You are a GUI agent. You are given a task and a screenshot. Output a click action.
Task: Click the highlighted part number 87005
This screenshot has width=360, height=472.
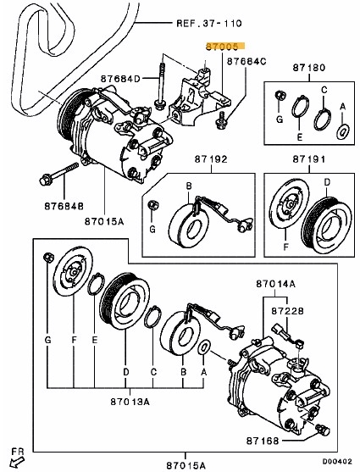[x=222, y=47]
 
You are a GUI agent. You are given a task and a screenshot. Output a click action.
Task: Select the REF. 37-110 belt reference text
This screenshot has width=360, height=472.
[x=208, y=23]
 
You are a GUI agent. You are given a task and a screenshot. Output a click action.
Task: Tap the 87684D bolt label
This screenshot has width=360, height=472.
[x=120, y=79]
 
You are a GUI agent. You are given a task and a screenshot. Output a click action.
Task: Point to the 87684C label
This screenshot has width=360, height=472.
[x=246, y=61]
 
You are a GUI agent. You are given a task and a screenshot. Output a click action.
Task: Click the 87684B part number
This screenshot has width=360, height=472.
[x=64, y=206]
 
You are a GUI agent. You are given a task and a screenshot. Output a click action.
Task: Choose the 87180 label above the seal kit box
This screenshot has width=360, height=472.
[x=309, y=68]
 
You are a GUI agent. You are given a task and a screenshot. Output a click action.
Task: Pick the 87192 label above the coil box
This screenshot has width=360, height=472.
[x=211, y=159]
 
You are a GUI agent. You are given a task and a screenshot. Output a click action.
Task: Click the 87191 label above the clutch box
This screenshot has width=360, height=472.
[x=309, y=159]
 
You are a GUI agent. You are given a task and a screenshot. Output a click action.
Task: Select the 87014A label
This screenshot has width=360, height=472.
[x=276, y=284]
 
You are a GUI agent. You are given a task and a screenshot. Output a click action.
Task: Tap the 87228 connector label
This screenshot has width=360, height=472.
[x=287, y=311]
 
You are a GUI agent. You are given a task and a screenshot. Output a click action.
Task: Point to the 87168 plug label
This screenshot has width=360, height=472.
[x=263, y=441]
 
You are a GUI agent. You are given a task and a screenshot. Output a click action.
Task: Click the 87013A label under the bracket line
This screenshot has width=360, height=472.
[x=130, y=402]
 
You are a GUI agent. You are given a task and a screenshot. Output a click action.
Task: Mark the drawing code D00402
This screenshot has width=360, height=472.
[x=337, y=462]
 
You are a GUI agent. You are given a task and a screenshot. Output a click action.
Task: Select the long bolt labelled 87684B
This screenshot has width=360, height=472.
[x=58, y=174]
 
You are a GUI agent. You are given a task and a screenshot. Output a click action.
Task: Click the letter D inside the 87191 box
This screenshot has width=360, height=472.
[x=327, y=182]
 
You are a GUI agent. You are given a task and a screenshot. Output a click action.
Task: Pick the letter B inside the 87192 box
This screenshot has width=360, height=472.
[x=189, y=186]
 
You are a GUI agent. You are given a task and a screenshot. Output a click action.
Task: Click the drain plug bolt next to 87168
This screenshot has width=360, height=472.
[x=323, y=430]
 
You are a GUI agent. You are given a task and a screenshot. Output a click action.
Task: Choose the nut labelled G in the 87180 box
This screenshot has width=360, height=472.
[x=280, y=96]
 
